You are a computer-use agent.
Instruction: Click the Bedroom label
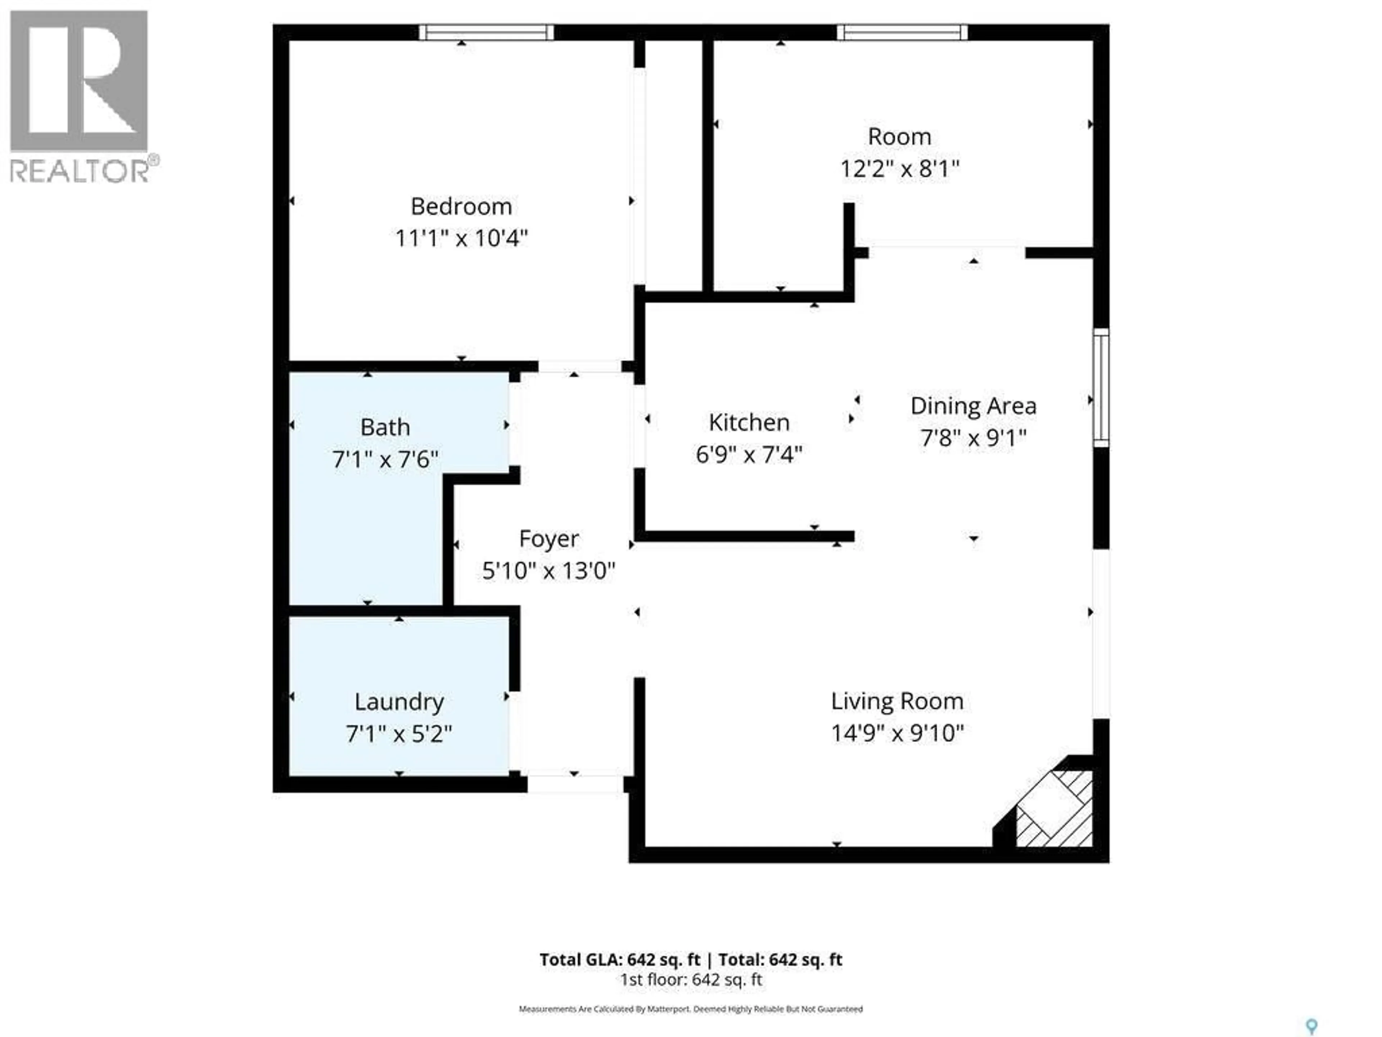pos(461,206)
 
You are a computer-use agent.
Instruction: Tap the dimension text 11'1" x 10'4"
pos(461,238)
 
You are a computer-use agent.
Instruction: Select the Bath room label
pos(385,427)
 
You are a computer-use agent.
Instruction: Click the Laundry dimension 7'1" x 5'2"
pos(399,733)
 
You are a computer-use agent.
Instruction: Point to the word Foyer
pos(548,539)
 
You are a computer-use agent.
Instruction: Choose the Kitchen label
pos(749,423)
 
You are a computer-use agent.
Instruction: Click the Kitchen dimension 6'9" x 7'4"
pos(749,454)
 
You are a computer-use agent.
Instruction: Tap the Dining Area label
pos(973,406)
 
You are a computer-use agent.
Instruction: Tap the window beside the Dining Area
pos(1101,387)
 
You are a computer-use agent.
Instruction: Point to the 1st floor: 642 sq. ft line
pos(691,979)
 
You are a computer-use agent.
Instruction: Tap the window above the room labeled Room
pos(902,32)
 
